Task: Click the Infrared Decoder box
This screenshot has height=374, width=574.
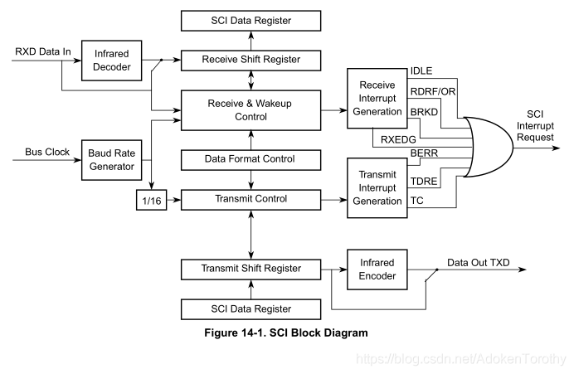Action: point(112,61)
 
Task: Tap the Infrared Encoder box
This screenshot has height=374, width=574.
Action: point(377,269)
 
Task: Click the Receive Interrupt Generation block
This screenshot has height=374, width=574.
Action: point(377,99)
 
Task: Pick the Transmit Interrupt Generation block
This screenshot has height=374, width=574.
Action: point(377,187)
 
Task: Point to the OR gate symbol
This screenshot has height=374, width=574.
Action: point(489,146)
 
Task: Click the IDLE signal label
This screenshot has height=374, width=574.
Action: point(422,70)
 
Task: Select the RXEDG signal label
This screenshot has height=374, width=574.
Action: point(396,138)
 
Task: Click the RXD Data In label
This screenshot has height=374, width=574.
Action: point(42,53)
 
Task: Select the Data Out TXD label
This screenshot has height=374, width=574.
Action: point(479,263)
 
